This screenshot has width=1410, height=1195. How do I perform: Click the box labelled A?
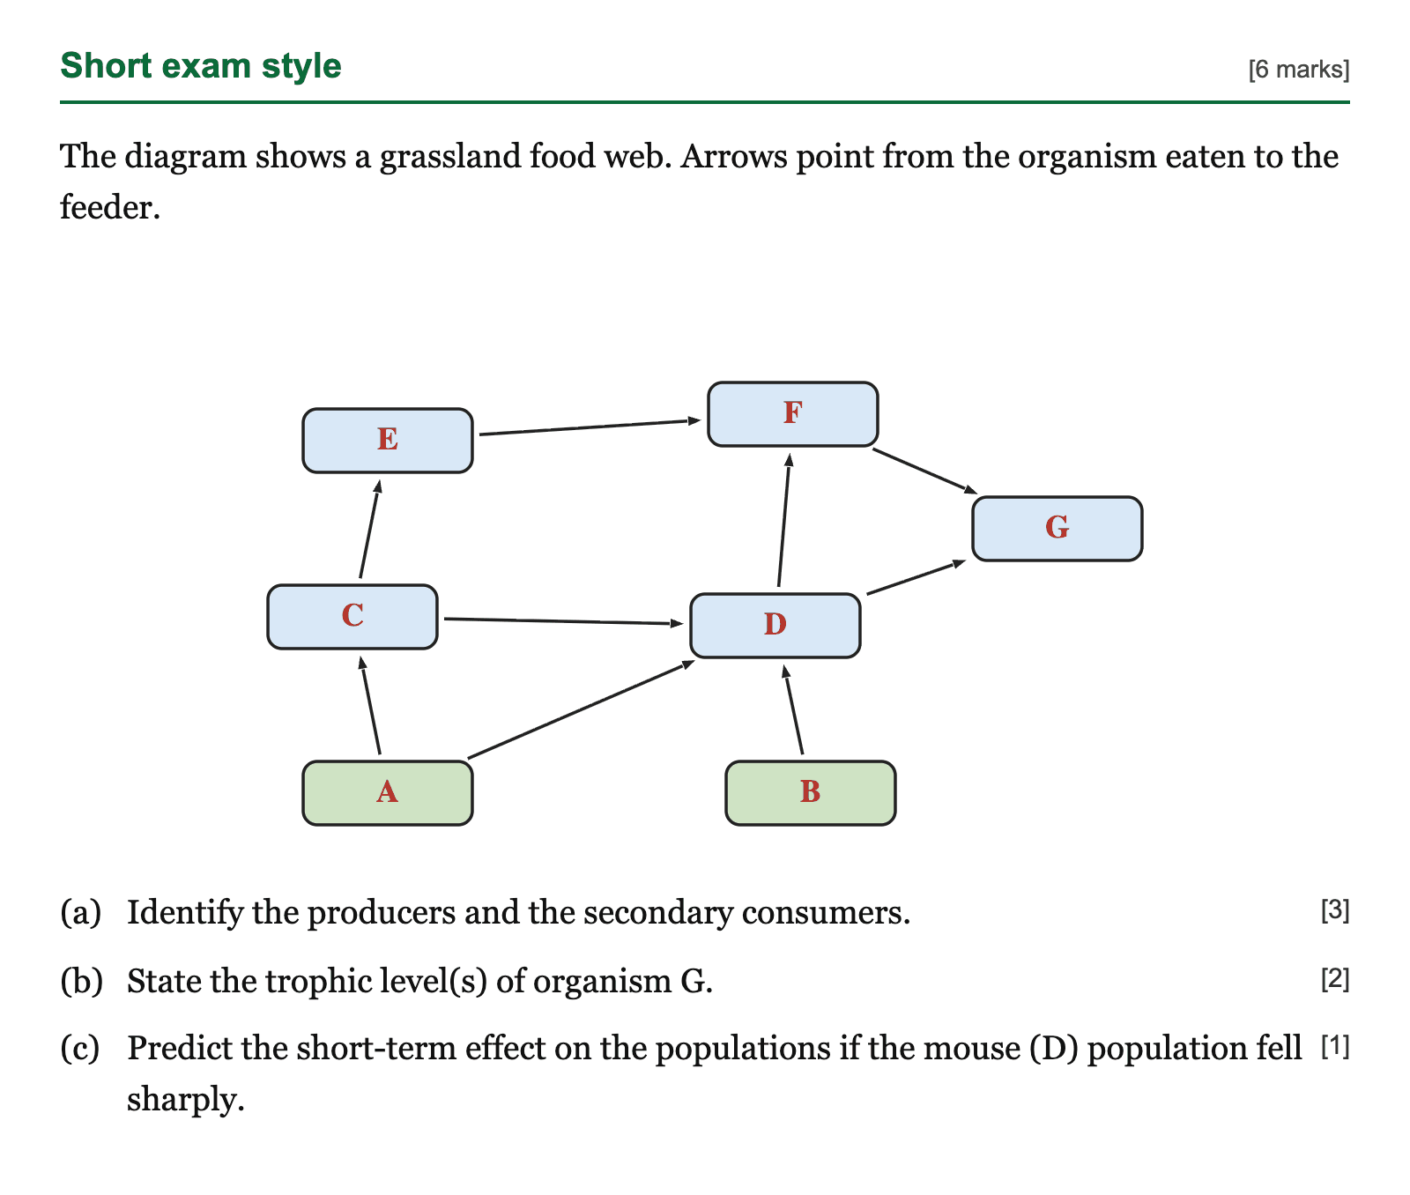(x=388, y=793)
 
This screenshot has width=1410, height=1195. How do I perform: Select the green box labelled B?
(x=811, y=793)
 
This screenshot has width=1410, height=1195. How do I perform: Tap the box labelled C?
(x=352, y=617)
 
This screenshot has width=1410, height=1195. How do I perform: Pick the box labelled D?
(x=775, y=626)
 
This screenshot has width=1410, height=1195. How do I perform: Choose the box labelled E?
(x=388, y=441)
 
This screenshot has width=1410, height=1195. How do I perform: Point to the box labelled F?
(x=793, y=414)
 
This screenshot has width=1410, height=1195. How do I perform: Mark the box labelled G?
(x=1057, y=529)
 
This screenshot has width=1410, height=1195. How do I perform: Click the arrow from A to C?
(x=369, y=705)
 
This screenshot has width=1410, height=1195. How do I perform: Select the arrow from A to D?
(x=582, y=709)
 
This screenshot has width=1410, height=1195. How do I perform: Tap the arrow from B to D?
(x=793, y=709)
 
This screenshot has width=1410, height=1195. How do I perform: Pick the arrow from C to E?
(x=370, y=529)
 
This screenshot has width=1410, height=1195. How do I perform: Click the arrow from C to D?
(x=564, y=621)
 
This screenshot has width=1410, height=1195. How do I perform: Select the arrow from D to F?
(x=784, y=520)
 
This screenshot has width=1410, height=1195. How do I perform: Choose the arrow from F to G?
(x=925, y=471)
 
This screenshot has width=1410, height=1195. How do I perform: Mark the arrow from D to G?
(x=916, y=577)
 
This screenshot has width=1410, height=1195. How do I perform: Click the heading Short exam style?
(x=201, y=66)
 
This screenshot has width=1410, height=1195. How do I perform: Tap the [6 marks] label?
(x=1299, y=70)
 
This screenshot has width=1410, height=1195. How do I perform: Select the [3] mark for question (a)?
(x=1335, y=910)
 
